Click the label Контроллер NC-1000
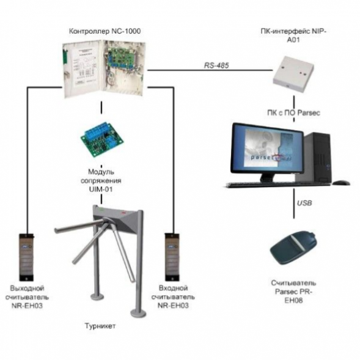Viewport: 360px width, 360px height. pyautogui.click(x=105, y=31)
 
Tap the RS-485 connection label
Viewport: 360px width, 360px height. pyautogui.click(x=216, y=65)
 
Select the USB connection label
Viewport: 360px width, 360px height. pyautogui.click(x=304, y=203)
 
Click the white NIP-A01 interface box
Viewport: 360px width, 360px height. pyautogui.click(x=293, y=73)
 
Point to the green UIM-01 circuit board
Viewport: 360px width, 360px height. pyautogui.click(x=102, y=140)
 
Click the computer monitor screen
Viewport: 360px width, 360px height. pyautogui.click(x=268, y=149)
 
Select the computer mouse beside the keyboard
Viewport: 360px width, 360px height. pyautogui.click(x=342, y=183)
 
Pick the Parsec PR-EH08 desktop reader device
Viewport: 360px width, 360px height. pyautogui.click(x=293, y=248)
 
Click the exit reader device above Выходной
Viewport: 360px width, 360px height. pyautogui.click(x=26, y=257)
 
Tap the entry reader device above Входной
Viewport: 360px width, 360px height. pyautogui.click(x=172, y=257)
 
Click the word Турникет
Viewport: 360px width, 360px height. pyautogui.click(x=100, y=326)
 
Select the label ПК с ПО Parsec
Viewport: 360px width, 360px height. pyautogui.click(x=293, y=112)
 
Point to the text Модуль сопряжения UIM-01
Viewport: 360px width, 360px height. pyautogui.click(x=101, y=180)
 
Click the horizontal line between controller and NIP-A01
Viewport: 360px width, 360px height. pyautogui.click(x=210, y=70)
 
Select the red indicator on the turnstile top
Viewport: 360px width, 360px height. pyautogui.click(x=123, y=213)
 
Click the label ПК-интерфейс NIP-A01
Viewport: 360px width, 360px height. pyautogui.click(x=293, y=35)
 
